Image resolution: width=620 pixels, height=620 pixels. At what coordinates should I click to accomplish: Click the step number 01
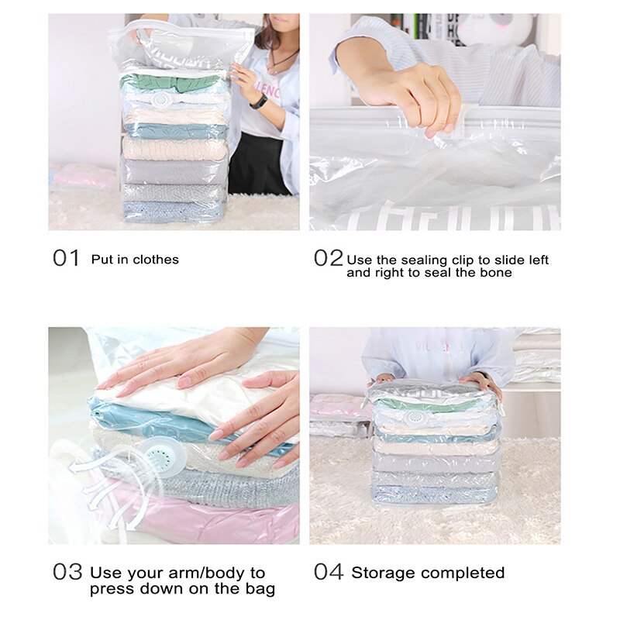[x=67, y=258]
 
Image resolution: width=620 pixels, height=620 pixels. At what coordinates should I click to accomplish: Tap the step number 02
[x=328, y=258]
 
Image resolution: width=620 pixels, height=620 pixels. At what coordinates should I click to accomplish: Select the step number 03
[x=67, y=573]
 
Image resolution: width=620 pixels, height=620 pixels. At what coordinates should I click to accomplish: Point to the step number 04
[x=329, y=573]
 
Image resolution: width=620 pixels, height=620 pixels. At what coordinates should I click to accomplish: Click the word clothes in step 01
[x=156, y=260]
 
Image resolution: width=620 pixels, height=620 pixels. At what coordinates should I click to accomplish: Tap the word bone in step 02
[x=497, y=273]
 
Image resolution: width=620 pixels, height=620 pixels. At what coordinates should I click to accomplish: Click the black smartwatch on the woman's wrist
[x=258, y=101]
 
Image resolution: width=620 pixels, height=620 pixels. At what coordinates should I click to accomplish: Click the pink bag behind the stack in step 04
[x=337, y=406]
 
